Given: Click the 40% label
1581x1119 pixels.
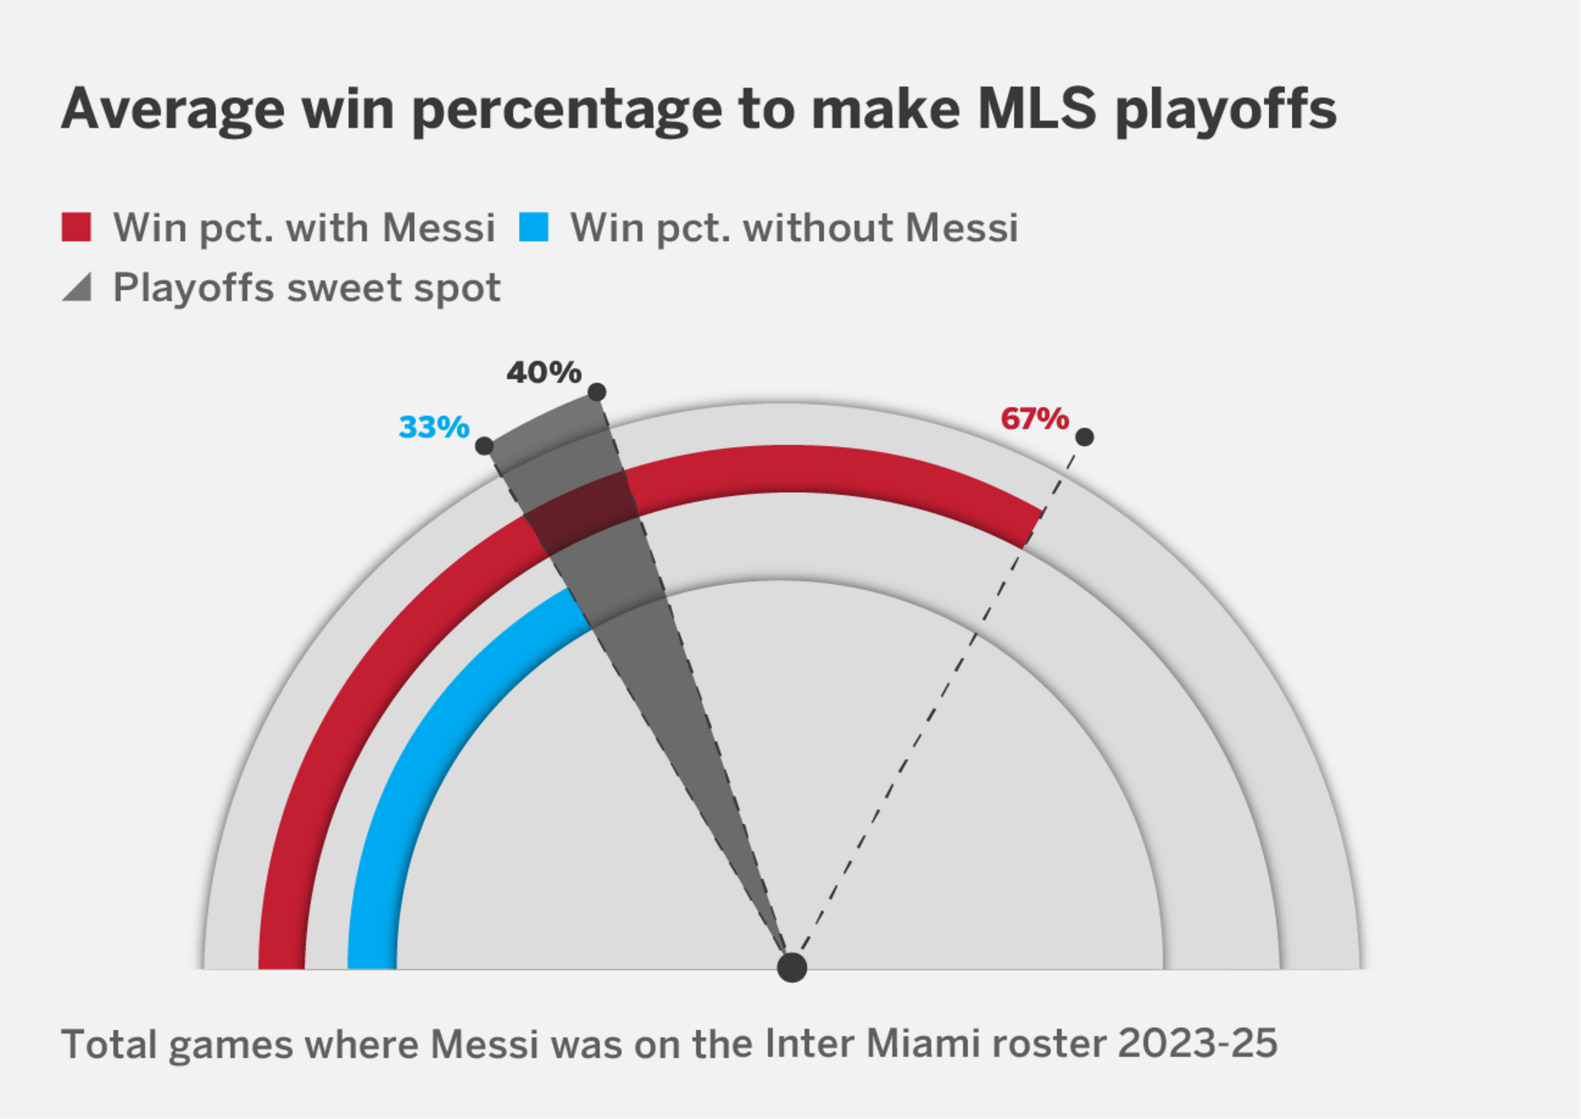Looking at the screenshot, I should click(543, 372).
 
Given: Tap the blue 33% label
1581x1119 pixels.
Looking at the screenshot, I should click(433, 427).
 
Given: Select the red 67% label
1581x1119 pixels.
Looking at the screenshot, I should click(1034, 419).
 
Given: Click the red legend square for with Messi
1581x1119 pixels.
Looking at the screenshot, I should click(77, 227).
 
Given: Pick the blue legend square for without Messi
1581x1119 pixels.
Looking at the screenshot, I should click(534, 227).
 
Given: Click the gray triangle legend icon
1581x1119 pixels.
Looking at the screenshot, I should click(77, 287).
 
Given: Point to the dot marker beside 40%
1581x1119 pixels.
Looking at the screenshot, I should click(597, 392).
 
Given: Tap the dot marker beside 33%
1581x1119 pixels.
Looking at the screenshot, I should click(485, 446).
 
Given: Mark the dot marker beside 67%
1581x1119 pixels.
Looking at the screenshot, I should click(1084, 437).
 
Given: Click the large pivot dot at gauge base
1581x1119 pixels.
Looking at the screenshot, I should click(792, 967).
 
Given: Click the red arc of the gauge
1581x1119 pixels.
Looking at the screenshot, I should click(823, 469).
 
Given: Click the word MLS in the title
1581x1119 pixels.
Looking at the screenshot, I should click(1037, 109).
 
